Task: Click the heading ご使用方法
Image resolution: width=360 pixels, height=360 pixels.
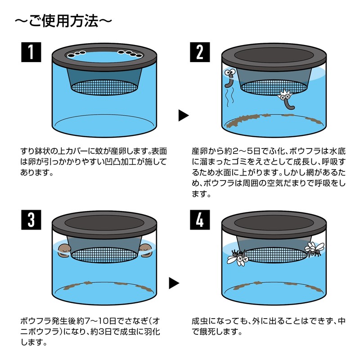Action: (x=63, y=21)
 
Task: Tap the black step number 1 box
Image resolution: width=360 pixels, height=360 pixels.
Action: (x=31, y=52)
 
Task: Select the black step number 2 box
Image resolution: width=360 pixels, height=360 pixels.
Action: (x=200, y=52)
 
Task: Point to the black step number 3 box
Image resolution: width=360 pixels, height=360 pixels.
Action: (x=31, y=220)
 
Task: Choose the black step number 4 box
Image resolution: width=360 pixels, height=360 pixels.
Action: (x=200, y=220)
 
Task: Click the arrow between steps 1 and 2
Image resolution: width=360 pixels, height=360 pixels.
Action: (x=184, y=115)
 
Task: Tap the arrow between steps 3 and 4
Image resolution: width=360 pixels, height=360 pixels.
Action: (x=174, y=283)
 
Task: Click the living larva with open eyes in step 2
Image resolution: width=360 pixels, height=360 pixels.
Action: (x=230, y=77)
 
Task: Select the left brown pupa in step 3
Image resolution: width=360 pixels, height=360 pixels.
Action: (x=64, y=251)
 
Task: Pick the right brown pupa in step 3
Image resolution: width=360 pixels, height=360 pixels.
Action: (x=145, y=251)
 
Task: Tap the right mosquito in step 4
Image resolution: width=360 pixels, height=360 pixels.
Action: (x=314, y=249)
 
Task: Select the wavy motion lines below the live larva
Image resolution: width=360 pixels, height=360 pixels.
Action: (x=230, y=98)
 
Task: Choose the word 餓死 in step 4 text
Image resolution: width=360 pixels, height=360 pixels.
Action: (x=207, y=332)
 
